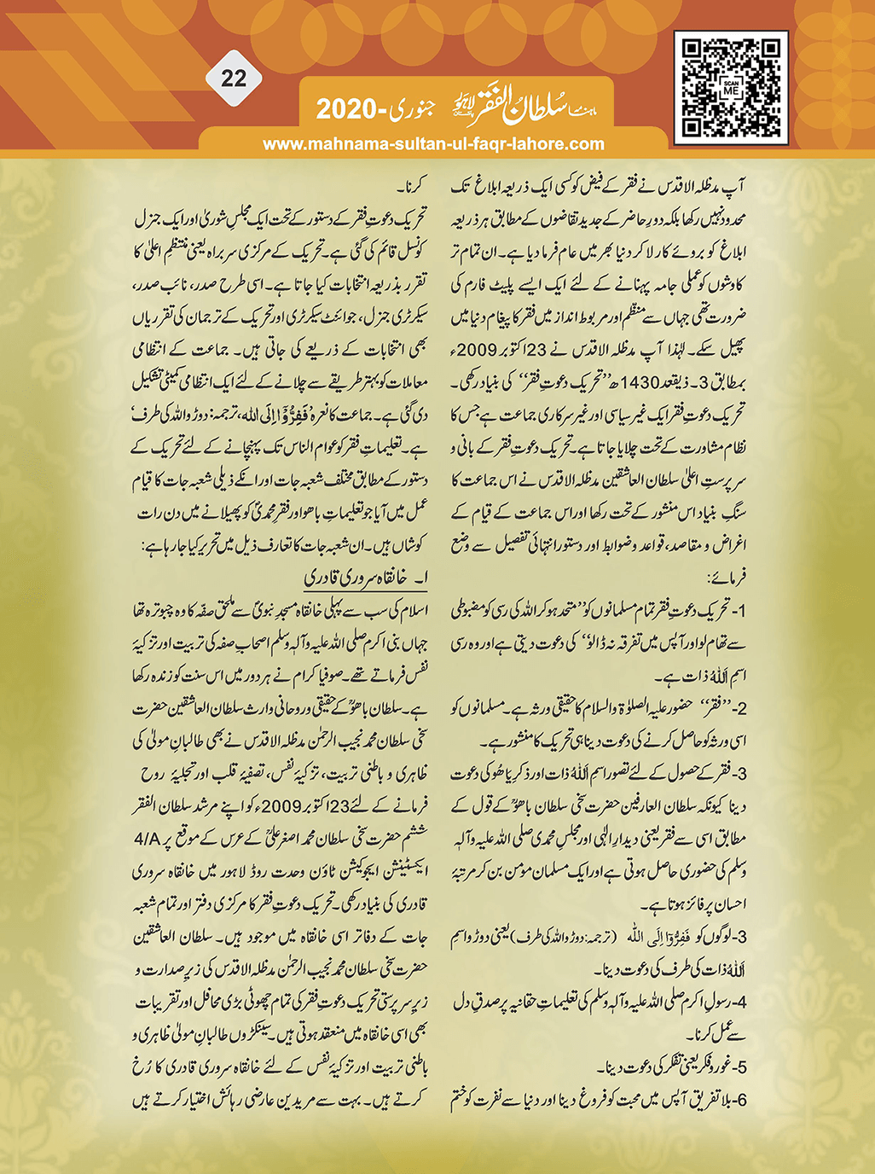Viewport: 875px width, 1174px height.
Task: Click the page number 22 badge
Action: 234,78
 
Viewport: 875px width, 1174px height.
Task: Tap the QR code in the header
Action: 731,87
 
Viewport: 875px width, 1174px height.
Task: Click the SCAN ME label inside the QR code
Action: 731,86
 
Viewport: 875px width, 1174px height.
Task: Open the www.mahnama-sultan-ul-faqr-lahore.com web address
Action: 433,144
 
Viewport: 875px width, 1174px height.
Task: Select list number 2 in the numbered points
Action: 740,707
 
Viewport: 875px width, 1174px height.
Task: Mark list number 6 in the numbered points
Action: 741,1100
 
